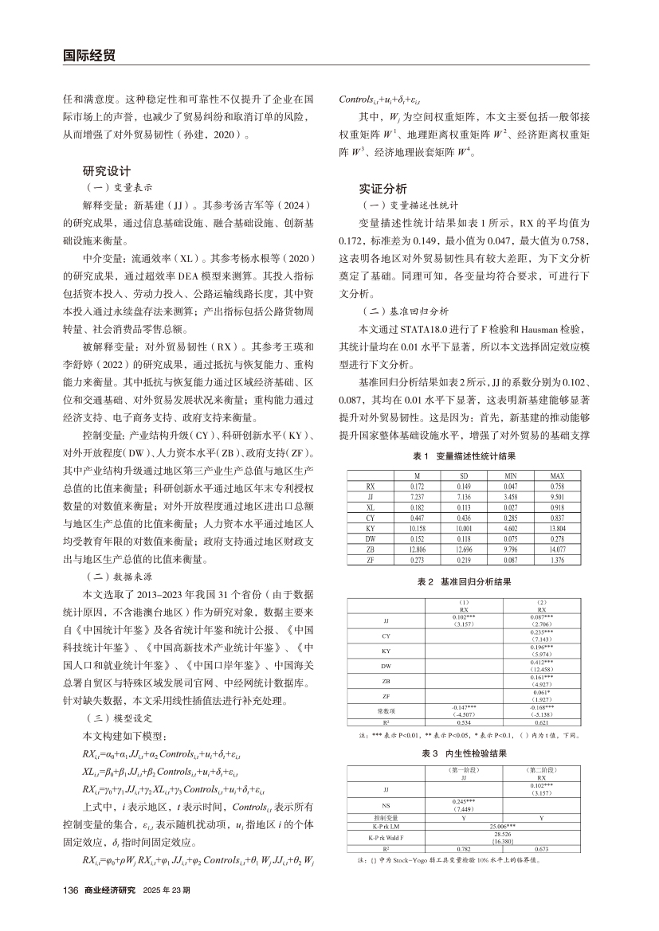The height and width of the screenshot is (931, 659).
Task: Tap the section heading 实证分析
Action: click(383, 189)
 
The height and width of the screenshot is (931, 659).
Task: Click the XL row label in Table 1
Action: click(370, 506)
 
